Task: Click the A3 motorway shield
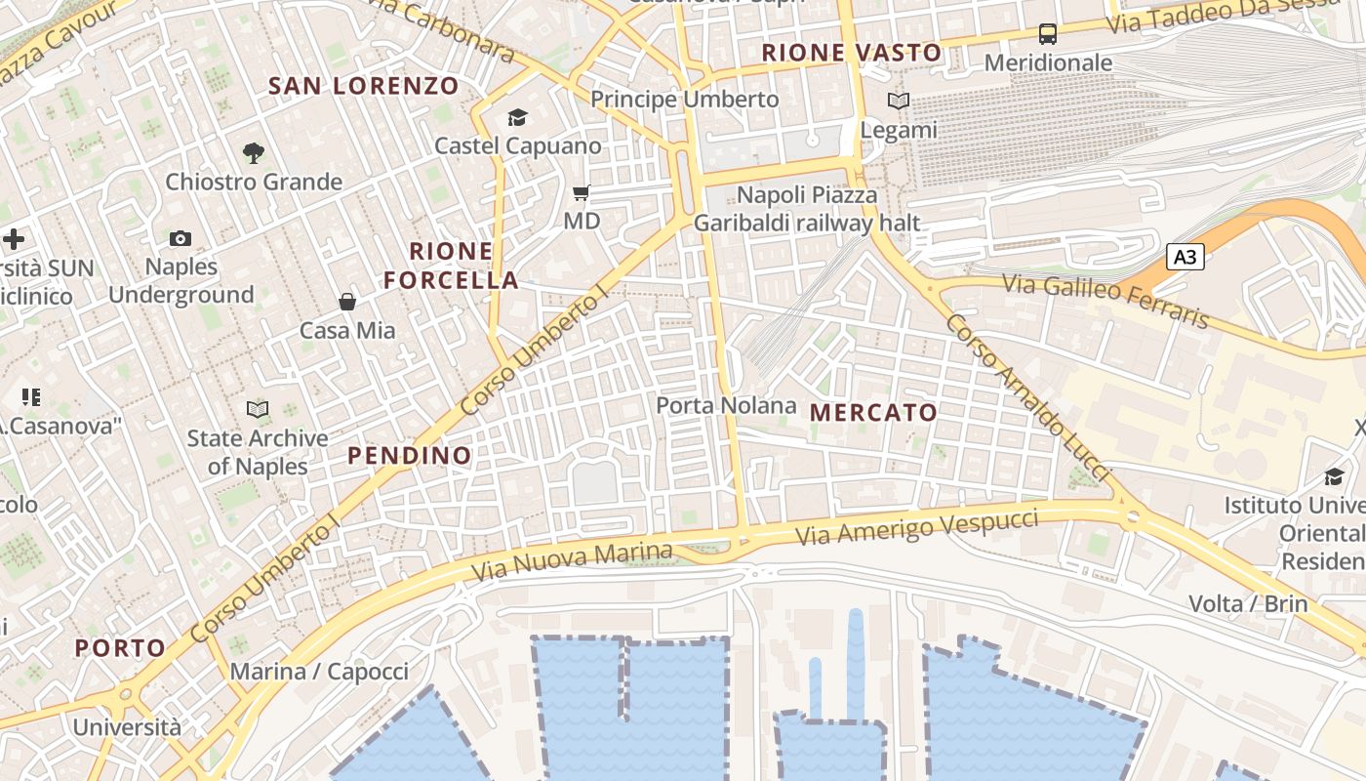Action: pyautogui.click(x=1185, y=258)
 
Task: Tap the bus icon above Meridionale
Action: pyautogui.click(x=1048, y=34)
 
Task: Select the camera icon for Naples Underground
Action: pyautogui.click(x=181, y=239)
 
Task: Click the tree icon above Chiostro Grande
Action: pyautogui.click(x=254, y=153)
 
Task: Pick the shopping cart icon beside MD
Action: pyautogui.click(x=582, y=193)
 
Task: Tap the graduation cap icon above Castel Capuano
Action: pyautogui.click(x=517, y=118)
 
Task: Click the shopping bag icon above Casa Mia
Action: pyautogui.click(x=347, y=302)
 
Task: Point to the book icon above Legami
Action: pyautogui.click(x=899, y=101)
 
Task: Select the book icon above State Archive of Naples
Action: pyautogui.click(x=258, y=410)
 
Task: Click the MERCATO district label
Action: pyautogui.click(x=873, y=413)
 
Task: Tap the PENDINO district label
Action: pyautogui.click(x=410, y=456)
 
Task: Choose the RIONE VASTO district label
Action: pyautogui.click(x=852, y=53)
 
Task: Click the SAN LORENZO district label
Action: pyautogui.click(x=363, y=86)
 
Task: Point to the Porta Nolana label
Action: pyautogui.click(x=726, y=405)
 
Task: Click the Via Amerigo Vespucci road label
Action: pyautogui.click(x=917, y=526)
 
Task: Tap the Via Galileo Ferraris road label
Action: pyautogui.click(x=1106, y=300)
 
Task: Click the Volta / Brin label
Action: pyautogui.click(x=1248, y=603)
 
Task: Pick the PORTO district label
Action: pyautogui.click(x=121, y=648)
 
